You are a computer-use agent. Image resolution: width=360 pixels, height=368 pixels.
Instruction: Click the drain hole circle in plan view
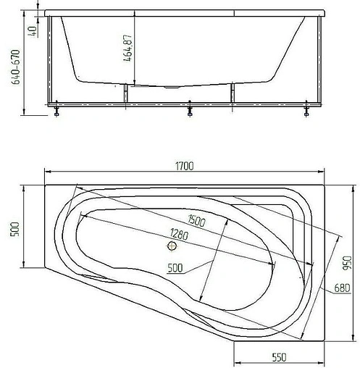pyautogui.click(x=172, y=246)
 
